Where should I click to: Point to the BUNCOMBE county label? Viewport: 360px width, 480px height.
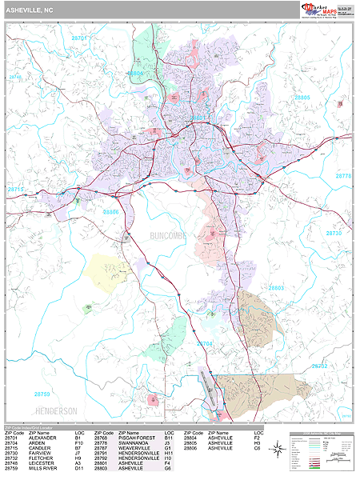(169, 238)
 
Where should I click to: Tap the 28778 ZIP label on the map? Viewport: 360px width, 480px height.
(343, 175)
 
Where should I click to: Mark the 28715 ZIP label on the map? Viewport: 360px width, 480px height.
(16, 190)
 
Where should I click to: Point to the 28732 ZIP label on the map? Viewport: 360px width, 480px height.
(318, 366)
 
